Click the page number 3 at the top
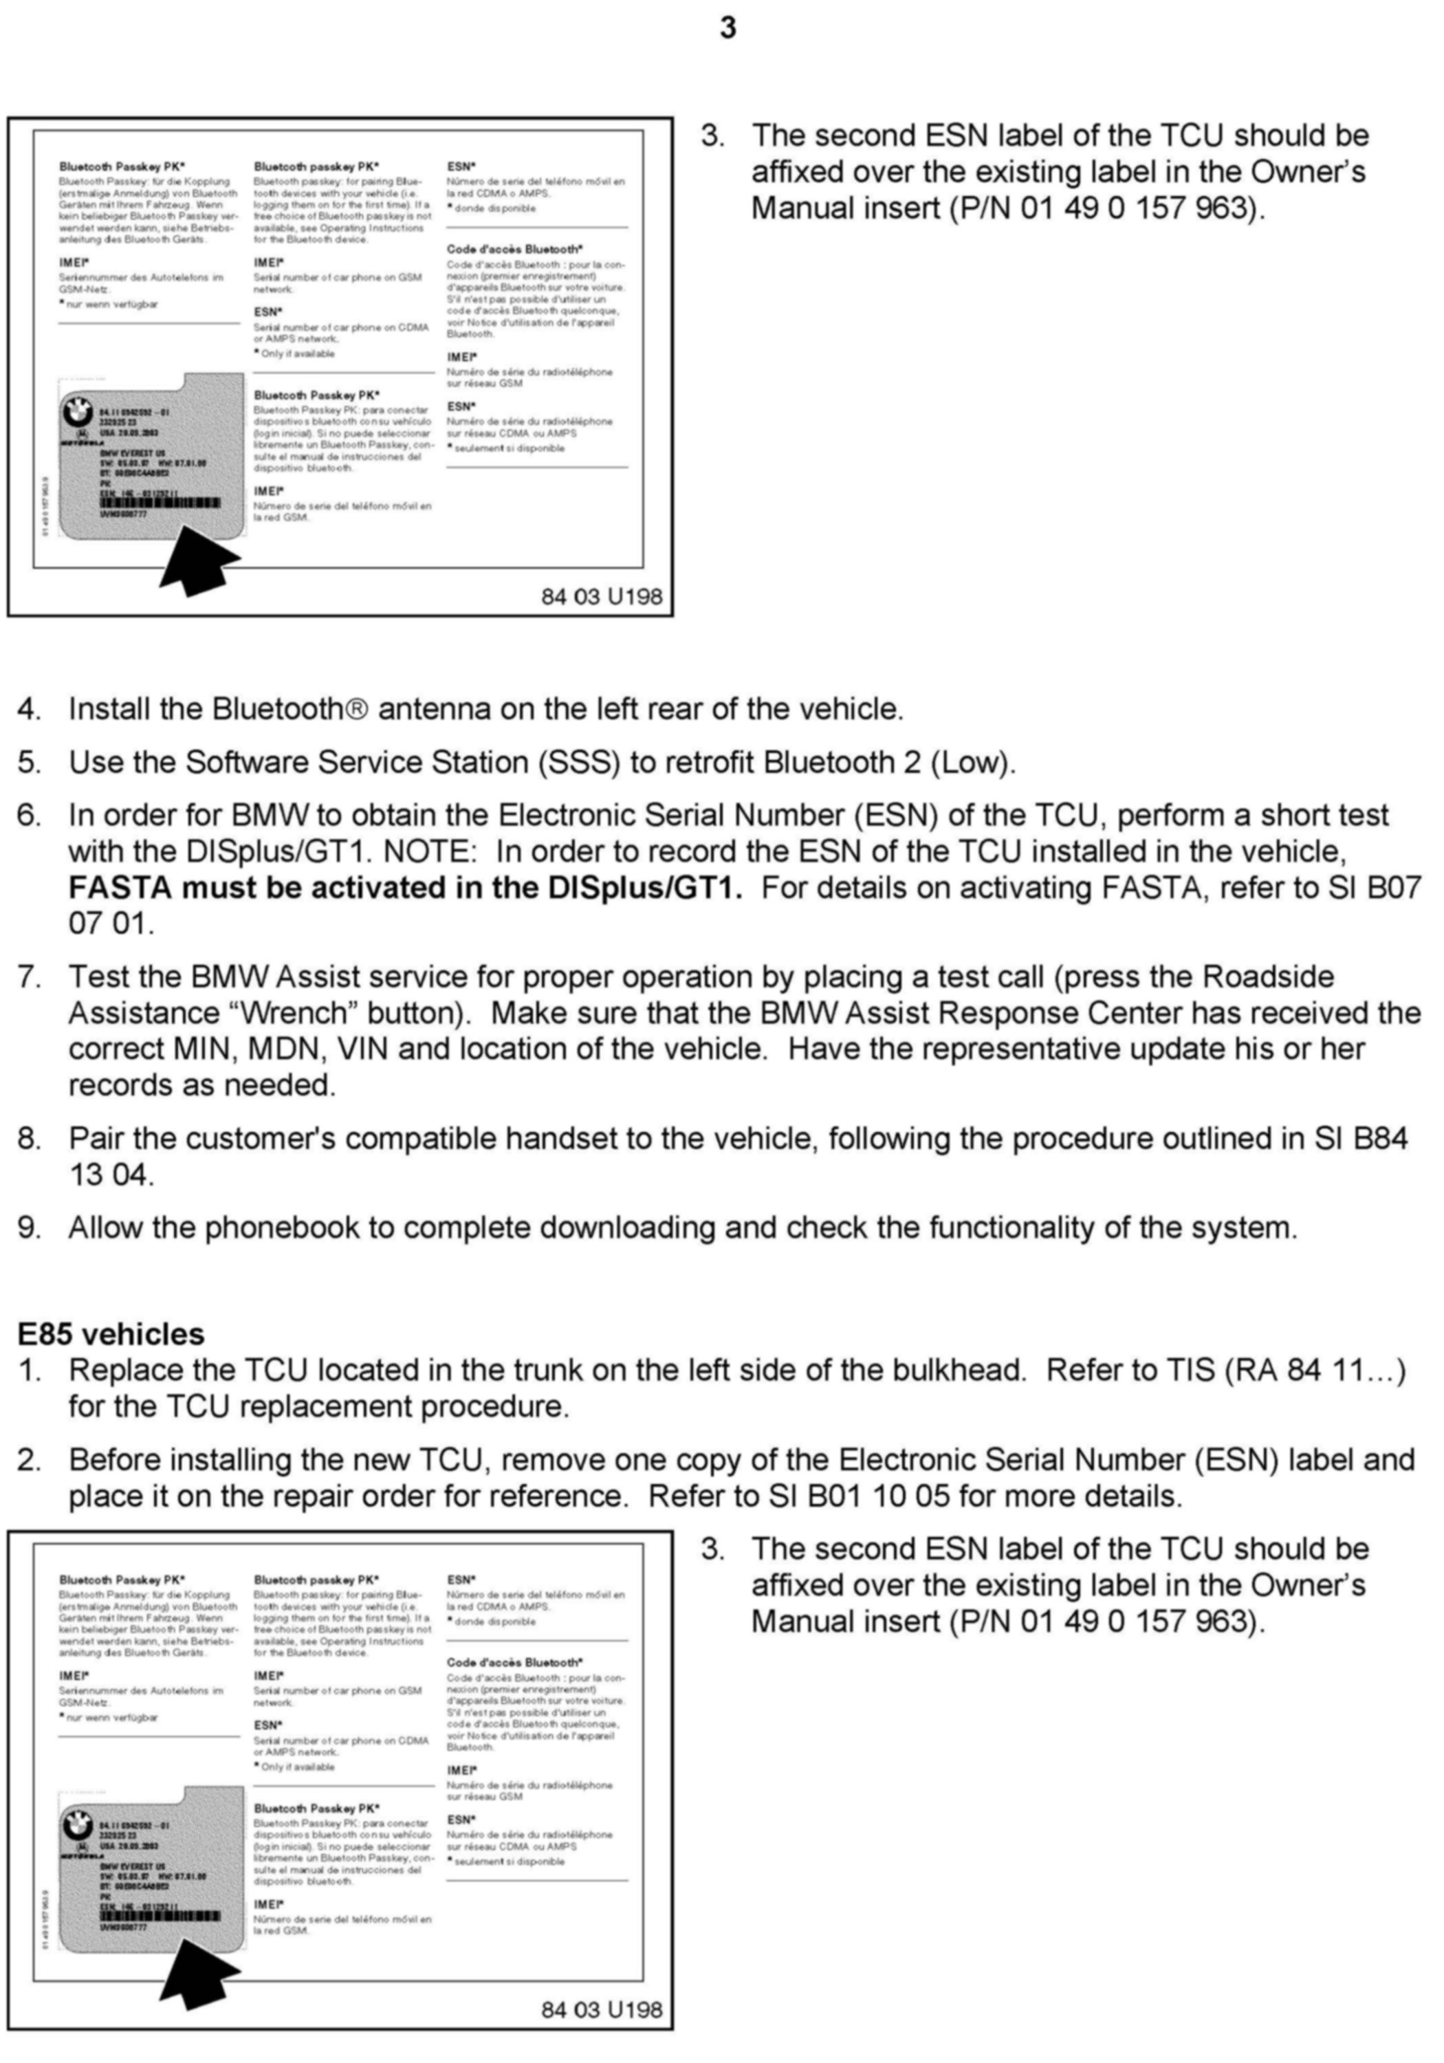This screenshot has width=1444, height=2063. coord(728,29)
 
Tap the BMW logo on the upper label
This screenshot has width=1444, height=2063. coord(77,414)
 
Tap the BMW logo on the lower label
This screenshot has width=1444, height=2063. coord(77,1826)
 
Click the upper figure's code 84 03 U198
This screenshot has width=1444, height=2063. coord(601,597)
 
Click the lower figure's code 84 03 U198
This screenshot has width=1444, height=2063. coord(601,2009)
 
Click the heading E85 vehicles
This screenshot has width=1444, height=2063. coord(111,1333)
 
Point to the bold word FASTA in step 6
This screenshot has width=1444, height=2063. coord(120,888)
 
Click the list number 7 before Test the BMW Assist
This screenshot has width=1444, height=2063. coord(28,978)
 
